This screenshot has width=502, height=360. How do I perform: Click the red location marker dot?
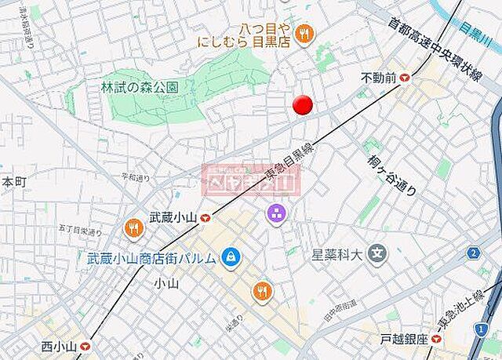pos(303,105)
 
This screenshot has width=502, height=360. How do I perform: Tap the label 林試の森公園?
pos(140,87)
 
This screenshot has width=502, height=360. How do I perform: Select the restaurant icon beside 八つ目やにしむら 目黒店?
pos(305,33)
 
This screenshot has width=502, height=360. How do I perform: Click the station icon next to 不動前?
pos(406,78)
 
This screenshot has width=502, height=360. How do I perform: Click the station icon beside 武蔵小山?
pos(206,219)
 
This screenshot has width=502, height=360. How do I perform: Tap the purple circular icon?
pos(275,213)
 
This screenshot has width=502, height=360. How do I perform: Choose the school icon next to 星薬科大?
pos(379,254)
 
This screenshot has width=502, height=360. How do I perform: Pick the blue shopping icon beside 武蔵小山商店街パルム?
pos(231,256)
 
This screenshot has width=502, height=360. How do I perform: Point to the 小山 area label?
pos(167,282)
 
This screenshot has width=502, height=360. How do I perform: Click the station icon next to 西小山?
pos(85,345)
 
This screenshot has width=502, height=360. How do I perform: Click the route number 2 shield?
pos(473,253)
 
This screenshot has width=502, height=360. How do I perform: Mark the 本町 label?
pos(13,182)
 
